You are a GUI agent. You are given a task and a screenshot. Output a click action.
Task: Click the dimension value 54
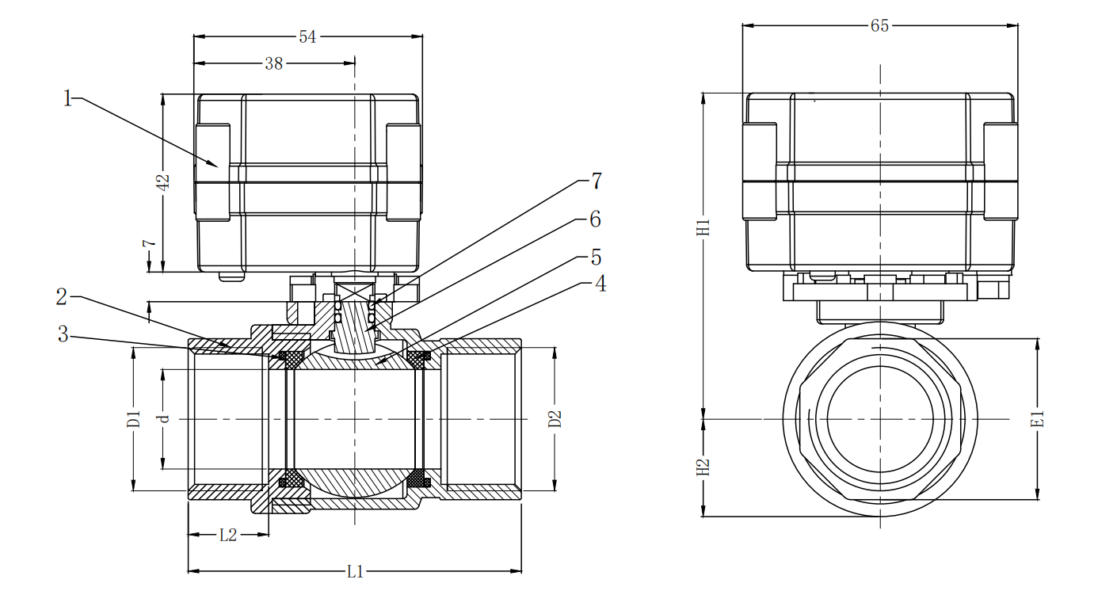307,37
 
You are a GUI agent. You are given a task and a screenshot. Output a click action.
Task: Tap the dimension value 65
879,25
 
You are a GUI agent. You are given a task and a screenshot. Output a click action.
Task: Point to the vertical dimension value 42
162,181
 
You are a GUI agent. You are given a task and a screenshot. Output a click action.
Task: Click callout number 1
68,98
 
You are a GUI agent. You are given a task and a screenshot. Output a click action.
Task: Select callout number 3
63,334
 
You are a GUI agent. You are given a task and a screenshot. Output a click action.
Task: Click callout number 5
595,257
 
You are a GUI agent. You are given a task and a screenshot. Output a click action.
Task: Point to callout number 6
595,219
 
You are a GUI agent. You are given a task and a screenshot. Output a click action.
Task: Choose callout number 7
596,181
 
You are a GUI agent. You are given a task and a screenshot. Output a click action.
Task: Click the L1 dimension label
355,571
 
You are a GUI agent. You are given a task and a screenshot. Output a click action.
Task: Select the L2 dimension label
227,535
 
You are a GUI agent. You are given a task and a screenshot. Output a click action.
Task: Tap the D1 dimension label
133,418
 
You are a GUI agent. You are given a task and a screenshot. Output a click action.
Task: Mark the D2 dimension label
555,418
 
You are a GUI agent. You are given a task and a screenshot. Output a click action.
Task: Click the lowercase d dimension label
164,418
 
